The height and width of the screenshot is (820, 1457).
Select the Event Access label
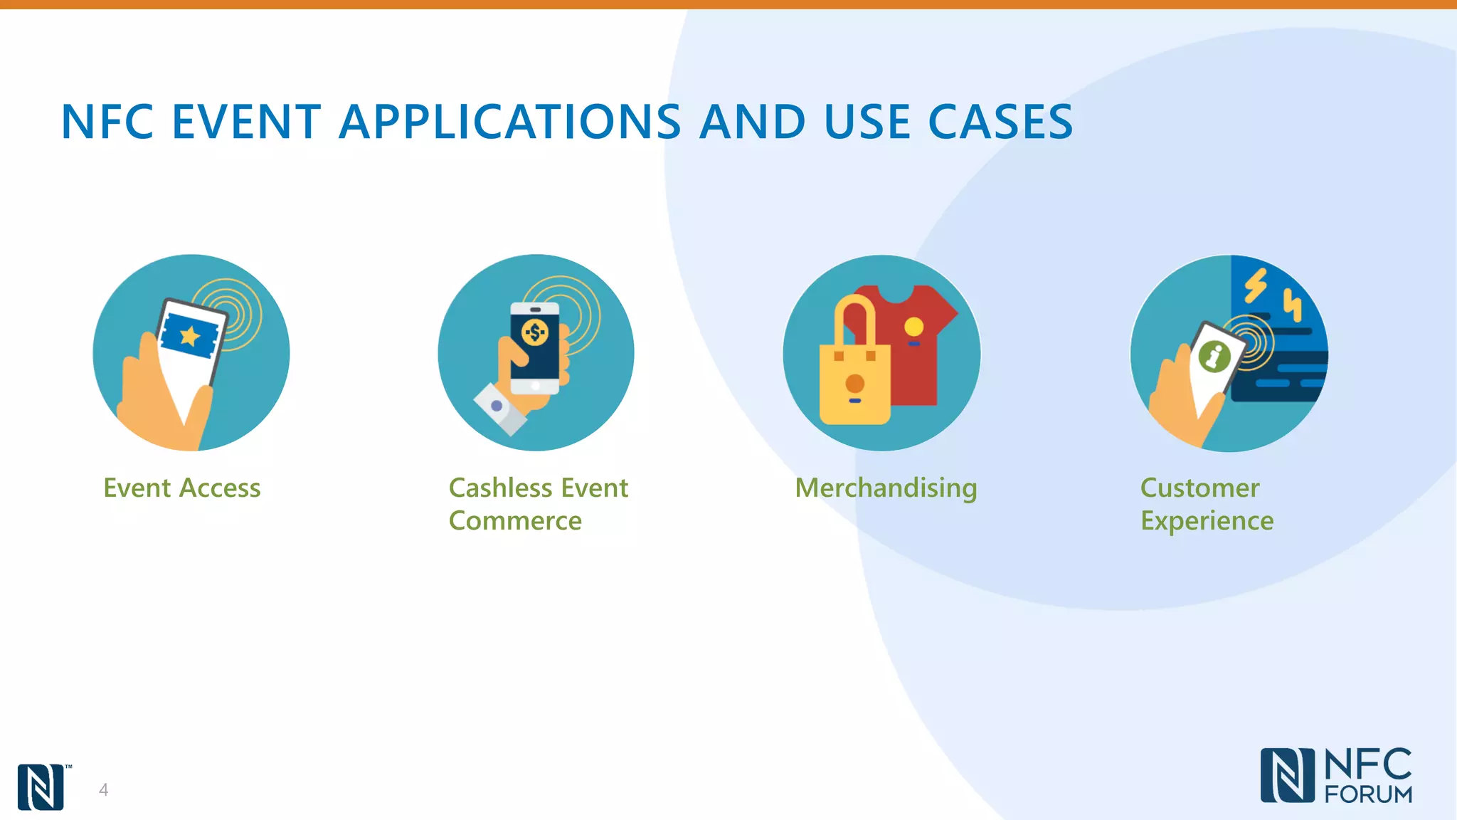click(x=182, y=488)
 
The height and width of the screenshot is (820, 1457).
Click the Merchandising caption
click(x=886, y=488)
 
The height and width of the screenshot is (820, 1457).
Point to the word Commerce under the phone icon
click(x=515, y=521)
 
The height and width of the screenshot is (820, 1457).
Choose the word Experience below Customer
click(x=1207, y=521)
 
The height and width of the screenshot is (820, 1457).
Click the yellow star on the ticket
click(x=189, y=335)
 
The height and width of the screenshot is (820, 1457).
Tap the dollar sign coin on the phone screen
click(x=535, y=332)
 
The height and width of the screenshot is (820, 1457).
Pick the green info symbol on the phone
click(x=1214, y=356)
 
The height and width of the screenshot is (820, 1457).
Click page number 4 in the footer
click(x=104, y=789)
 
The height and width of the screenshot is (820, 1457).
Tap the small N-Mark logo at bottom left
click(x=41, y=787)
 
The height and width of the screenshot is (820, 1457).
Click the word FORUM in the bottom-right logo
click(x=1368, y=794)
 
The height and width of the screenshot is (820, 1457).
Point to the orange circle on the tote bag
click(x=854, y=384)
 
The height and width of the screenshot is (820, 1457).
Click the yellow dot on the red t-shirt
click(x=913, y=327)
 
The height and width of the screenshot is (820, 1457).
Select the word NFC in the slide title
click(x=107, y=122)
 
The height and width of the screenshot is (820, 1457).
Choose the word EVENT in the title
click(x=246, y=122)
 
